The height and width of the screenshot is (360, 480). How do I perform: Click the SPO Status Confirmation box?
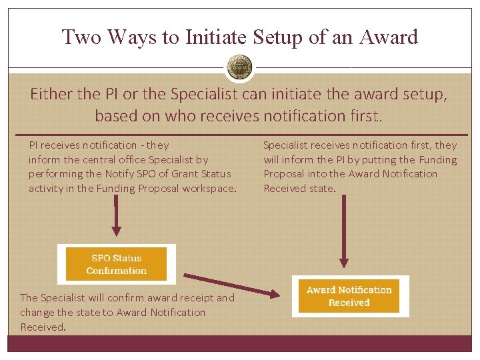point(117,265)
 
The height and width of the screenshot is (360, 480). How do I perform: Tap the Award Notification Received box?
point(349,296)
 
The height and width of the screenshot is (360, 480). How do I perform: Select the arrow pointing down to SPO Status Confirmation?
point(116,220)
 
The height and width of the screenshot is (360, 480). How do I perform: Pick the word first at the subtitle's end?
point(365,116)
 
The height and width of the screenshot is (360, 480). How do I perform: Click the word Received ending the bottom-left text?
point(42,327)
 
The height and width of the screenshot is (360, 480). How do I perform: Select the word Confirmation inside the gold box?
point(117,271)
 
